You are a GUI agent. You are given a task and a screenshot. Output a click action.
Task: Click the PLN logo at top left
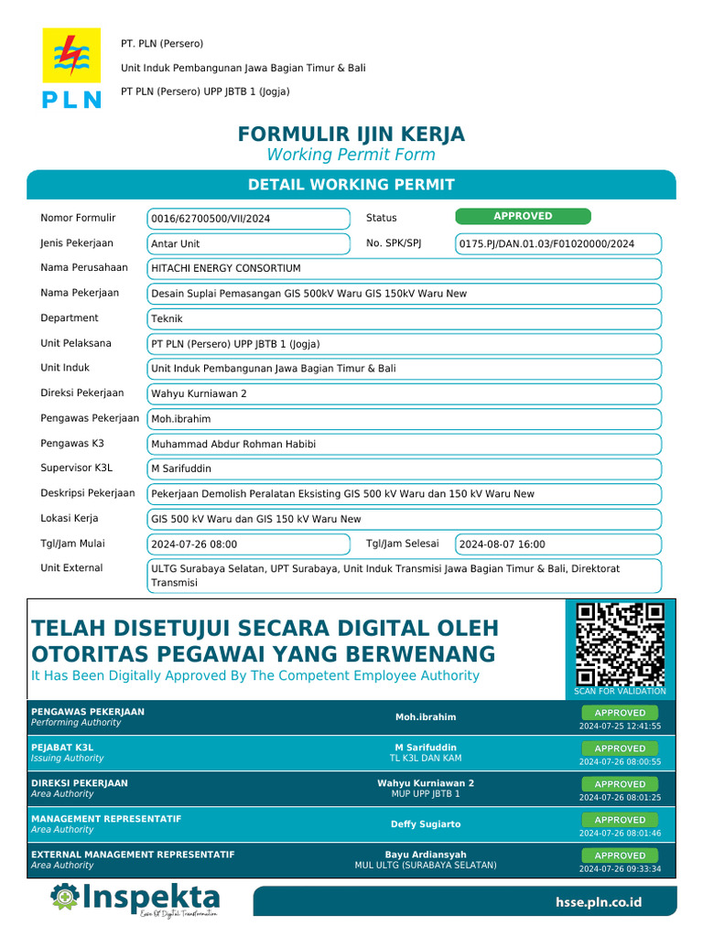pyautogui.click(x=71, y=69)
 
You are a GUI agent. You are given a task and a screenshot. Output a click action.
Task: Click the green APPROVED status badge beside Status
pyautogui.click(x=523, y=216)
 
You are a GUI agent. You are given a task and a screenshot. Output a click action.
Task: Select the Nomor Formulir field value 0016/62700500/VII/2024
pyautogui.click(x=248, y=219)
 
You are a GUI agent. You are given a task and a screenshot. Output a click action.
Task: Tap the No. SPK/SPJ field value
pyautogui.click(x=557, y=243)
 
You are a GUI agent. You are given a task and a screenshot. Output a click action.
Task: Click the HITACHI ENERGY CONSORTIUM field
pyautogui.click(x=404, y=268)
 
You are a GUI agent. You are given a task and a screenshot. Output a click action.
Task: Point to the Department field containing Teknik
pyautogui.click(x=404, y=318)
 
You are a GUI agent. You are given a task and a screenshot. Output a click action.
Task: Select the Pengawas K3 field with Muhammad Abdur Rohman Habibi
pyautogui.click(x=404, y=444)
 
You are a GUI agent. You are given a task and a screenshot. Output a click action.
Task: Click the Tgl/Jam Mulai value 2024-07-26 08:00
pyautogui.click(x=248, y=544)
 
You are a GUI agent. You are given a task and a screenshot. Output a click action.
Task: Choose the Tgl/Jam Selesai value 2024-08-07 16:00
pyautogui.click(x=557, y=544)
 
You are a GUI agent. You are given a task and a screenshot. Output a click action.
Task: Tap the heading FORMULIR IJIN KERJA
pyautogui.click(x=351, y=135)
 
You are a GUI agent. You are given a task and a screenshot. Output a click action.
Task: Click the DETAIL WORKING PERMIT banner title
pyautogui.click(x=351, y=185)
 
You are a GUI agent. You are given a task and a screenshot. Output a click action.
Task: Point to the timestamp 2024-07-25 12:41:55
pyautogui.click(x=620, y=727)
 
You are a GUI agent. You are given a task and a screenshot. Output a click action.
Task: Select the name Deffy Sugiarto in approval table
pyautogui.click(x=426, y=824)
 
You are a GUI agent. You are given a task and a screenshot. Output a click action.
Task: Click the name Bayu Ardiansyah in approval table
pyautogui.click(x=426, y=855)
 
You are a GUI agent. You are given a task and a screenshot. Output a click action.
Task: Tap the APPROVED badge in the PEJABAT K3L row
pyautogui.click(x=620, y=749)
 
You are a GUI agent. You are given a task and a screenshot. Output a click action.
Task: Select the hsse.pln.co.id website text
pyautogui.click(x=599, y=902)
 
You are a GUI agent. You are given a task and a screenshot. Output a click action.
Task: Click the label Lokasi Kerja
pyautogui.click(x=70, y=518)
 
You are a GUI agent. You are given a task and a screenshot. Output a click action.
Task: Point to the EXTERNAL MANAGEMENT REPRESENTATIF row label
pyautogui.click(x=133, y=855)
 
